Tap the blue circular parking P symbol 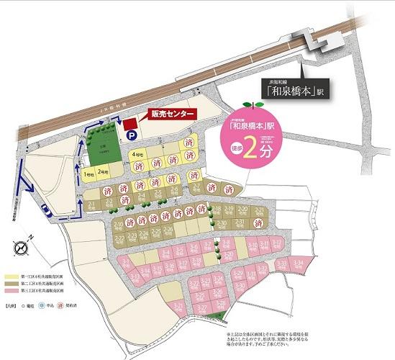click(131, 134)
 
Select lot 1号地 click(88, 174)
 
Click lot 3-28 click(216, 295)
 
